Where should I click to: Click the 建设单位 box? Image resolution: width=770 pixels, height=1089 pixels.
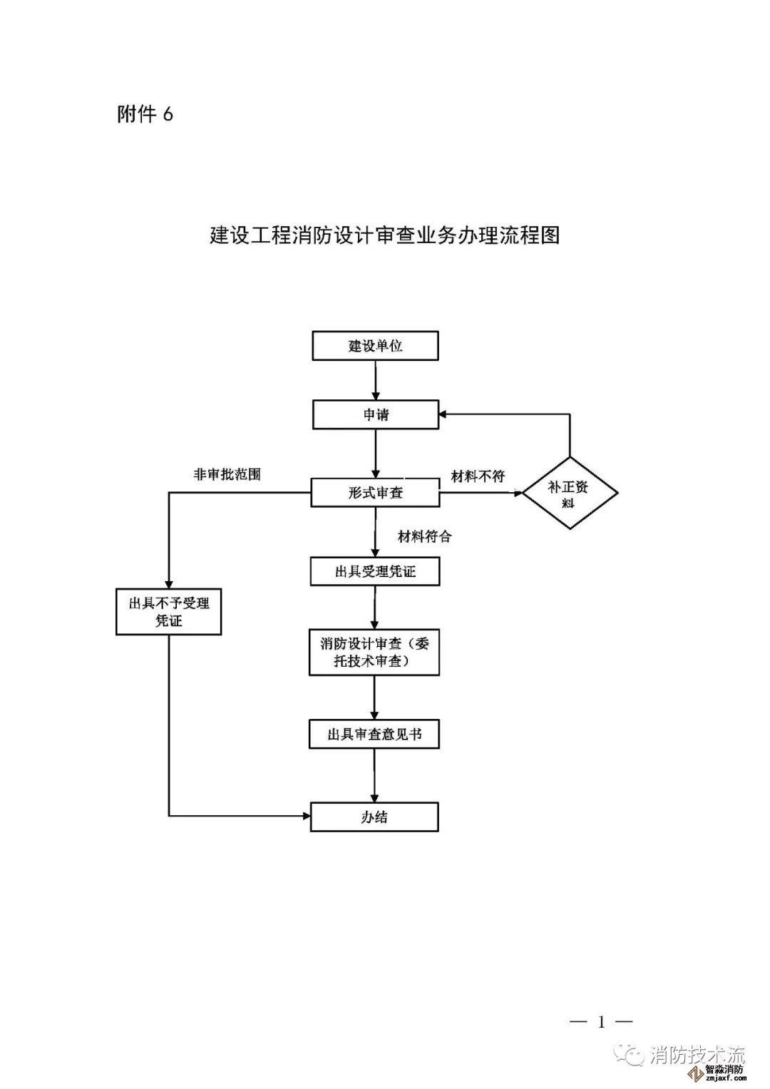click(375, 346)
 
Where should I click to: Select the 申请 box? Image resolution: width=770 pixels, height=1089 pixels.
click(375, 414)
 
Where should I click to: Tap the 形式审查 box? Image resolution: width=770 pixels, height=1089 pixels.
click(375, 492)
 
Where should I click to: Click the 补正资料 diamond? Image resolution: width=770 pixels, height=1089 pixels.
click(570, 493)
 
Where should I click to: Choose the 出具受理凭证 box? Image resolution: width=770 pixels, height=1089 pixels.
click(375, 571)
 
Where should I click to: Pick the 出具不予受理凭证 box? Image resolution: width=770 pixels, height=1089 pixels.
click(169, 612)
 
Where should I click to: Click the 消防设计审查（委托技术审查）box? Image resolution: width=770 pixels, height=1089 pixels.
click(374, 653)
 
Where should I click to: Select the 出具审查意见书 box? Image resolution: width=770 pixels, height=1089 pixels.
click(374, 734)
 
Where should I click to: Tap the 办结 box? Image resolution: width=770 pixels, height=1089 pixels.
click(374, 817)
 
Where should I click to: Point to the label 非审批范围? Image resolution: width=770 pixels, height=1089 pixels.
click(227, 474)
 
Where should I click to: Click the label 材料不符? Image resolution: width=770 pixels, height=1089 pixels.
click(478, 476)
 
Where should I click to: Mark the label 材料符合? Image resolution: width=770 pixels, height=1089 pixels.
click(424, 536)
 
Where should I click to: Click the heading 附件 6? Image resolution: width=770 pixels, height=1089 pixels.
click(145, 114)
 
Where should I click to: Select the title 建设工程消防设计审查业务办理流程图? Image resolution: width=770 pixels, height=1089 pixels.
click(385, 235)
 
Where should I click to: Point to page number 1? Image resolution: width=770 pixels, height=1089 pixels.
click(601, 1022)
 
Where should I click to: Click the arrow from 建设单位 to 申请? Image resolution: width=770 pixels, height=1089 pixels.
click(376, 380)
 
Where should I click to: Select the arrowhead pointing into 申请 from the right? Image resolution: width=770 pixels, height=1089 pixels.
click(444, 414)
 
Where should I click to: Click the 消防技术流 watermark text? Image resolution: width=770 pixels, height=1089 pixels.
click(697, 1055)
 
